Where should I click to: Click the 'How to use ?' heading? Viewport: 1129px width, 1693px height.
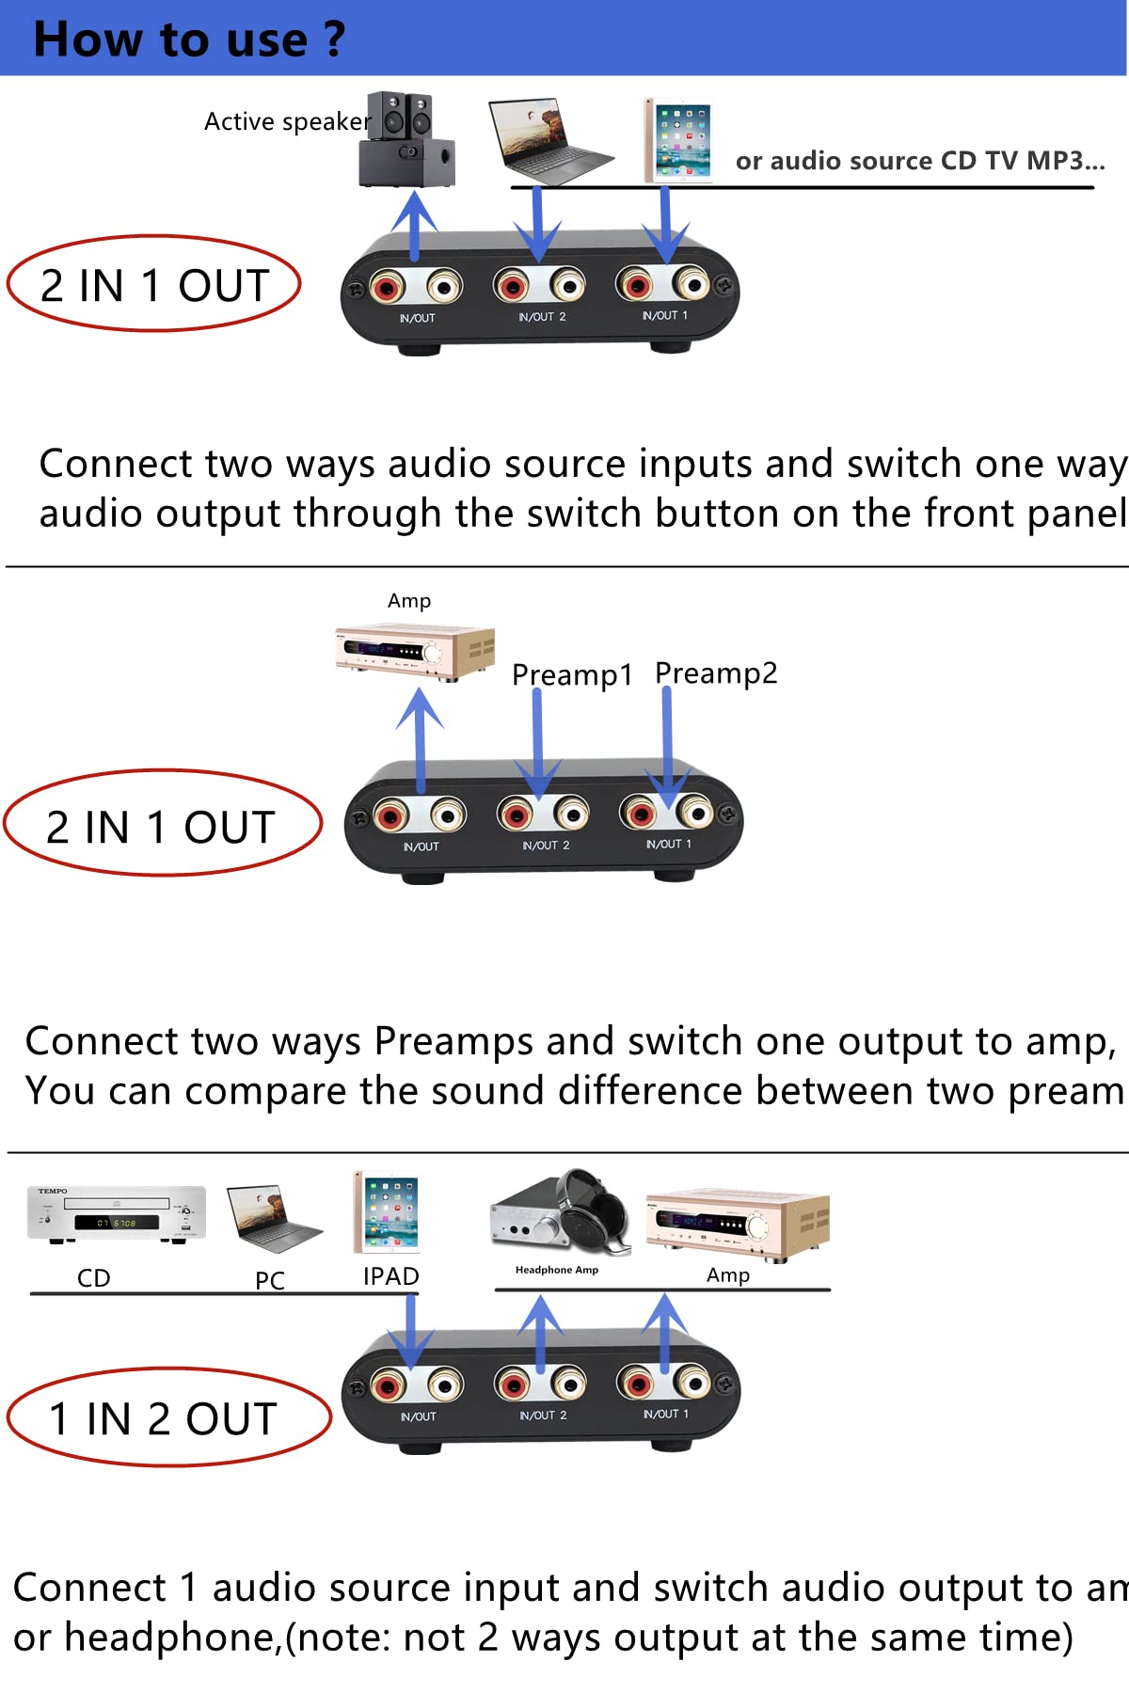point(189,40)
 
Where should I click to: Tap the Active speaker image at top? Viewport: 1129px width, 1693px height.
point(407,139)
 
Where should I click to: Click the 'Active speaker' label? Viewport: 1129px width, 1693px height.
point(287,121)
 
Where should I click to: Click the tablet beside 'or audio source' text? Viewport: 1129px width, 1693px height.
point(678,141)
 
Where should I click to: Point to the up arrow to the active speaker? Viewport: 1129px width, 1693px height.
point(414,226)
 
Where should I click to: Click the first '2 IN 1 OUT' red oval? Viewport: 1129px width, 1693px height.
point(153,284)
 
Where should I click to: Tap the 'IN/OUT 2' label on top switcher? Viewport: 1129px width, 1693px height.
point(542,317)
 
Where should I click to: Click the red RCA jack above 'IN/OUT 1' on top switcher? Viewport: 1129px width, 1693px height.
point(636,284)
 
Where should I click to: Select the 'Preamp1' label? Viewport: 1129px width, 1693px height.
point(571,674)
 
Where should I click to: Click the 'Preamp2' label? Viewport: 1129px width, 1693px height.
point(716,672)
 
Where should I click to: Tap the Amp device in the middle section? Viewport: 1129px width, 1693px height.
point(415,652)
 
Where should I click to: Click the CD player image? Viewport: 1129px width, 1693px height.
point(116,1214)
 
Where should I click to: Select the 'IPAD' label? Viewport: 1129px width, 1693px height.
point(390,1276)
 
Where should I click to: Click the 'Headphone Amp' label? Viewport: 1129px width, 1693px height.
point(556,1270)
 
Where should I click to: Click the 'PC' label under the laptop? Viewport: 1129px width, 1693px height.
point(269,1280)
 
